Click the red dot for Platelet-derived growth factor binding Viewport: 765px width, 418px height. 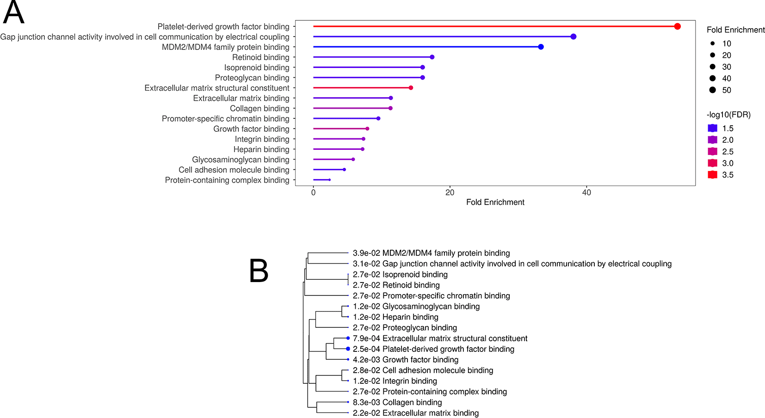[677, 26]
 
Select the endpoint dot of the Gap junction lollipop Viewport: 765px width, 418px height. [574, 37]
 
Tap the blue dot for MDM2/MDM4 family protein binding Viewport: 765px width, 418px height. [541, 47]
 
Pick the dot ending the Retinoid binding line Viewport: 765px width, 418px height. [432, 57]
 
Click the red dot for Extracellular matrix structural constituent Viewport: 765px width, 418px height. [411, 88]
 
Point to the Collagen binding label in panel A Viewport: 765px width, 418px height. [259, 109]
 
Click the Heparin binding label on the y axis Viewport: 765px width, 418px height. [261, 149]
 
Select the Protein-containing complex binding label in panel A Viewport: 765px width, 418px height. [227, 180]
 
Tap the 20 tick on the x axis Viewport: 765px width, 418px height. [450, 193]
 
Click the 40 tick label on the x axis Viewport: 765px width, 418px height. [586, 193]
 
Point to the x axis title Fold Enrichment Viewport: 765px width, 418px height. [495, 202]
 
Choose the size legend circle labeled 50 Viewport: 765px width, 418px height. [712, 90]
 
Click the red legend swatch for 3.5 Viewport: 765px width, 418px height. [712, 174]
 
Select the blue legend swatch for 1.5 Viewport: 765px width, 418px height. [712, 128]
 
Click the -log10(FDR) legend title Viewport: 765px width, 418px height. [728, 115]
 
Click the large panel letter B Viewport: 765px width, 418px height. [259, 270]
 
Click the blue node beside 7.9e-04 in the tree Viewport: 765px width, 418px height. [348, 338]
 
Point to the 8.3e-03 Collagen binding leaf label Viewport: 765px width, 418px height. [397, 402]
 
